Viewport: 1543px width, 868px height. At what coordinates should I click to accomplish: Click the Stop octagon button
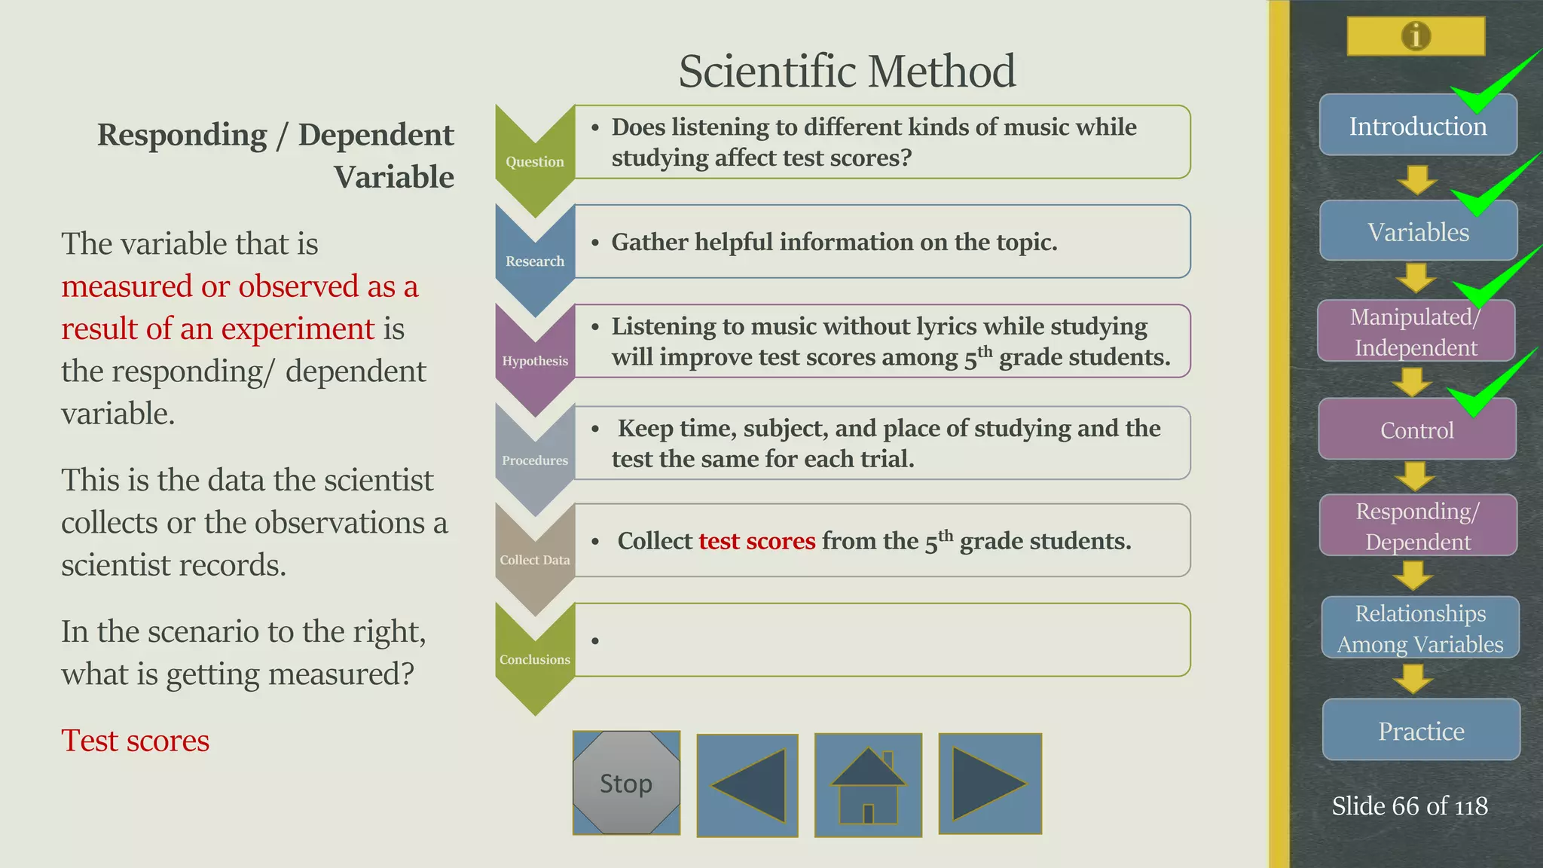(626, 783)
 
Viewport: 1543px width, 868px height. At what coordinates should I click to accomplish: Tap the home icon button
(868, 785)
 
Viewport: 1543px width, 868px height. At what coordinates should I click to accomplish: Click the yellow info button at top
(1416, 35)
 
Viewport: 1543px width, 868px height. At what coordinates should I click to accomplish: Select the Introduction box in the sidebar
(1417, 126)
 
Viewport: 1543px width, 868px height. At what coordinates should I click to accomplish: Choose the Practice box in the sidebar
(1421, 730)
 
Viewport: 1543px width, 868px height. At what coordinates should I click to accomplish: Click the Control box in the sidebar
(1416, 430)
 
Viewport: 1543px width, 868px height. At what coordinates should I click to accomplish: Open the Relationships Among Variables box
(1420, 628)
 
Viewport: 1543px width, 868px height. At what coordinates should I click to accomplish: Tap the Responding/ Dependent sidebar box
(1418, 526)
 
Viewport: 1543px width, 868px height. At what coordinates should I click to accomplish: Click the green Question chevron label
(534, 161)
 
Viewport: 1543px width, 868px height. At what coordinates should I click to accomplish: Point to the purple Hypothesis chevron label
(534, 360)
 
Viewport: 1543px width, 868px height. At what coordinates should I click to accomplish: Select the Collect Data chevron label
(534, 560)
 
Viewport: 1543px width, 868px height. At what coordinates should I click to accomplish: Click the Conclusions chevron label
(534, 659)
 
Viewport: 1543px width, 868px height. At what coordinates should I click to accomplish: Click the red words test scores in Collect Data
(756, 541)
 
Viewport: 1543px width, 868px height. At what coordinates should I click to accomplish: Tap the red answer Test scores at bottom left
(136, 741)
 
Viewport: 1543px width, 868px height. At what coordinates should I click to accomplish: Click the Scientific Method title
(847, 71)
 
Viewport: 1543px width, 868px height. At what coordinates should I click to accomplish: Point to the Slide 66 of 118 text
(1409, 806)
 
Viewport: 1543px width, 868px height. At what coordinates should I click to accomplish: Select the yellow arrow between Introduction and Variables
(1416, 180)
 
